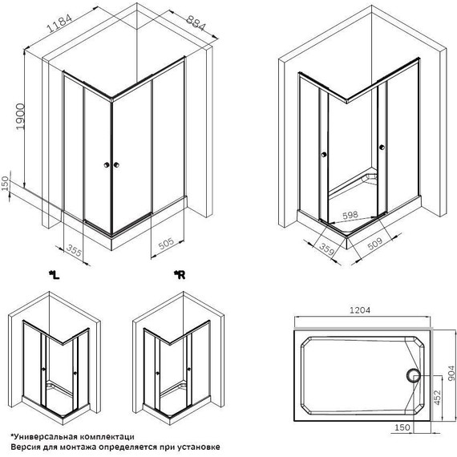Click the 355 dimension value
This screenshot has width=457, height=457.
[x=75, y=250]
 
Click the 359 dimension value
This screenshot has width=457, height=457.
[x=302, y=249]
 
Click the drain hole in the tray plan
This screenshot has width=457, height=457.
[x=415, y=374]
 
